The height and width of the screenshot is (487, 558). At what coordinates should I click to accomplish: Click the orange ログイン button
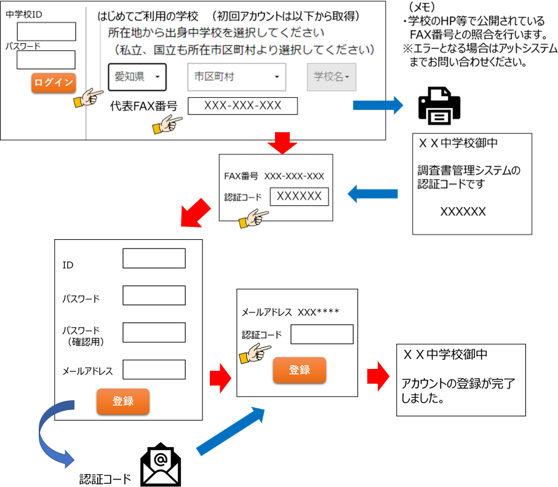pyautogui.click(x=54, y=83)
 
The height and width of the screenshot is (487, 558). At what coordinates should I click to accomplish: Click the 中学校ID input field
pyautogui.click(x=46, y=31)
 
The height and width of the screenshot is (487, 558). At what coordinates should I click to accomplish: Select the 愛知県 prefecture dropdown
pyautogui.click(x=137, y=77)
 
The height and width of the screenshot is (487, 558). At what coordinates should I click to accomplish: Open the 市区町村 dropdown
pyautogui.click(x=237, y=77)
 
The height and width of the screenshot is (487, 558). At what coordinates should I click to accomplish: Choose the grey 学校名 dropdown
pyautogui.click(x=332, y=77)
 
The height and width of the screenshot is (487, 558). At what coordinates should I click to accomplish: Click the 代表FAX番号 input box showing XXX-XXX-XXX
pyautogui.click(x=242, y=106)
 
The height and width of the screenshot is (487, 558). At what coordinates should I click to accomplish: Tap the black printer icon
pyautogui.click(x=439, y=106)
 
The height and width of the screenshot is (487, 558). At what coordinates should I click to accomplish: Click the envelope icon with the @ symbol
pyautogui.click(x=161, y=465)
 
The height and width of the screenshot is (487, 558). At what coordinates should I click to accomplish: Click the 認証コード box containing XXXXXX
pyautogui.click(x=299, y=196)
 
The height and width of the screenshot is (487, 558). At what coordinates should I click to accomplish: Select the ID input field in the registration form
pyautogui.click(x=154, y=258)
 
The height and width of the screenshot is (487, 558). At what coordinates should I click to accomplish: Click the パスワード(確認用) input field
pyautogui.click(x=154, y=332)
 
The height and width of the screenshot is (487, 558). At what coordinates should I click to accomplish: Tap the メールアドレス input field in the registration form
pyautogui.click(x=154, y=370)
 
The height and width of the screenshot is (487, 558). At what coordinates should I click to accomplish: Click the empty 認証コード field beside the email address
pyautogui.click(x=322, y=334)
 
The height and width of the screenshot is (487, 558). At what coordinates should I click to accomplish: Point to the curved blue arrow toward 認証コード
pyautogui.click(x=44, y=435)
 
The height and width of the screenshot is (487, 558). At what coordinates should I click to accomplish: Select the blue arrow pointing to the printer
pyautogui.click(x=378, y=105)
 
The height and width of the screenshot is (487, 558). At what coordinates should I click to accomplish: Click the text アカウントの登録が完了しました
pyautogui.click(x=458, y=390)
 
